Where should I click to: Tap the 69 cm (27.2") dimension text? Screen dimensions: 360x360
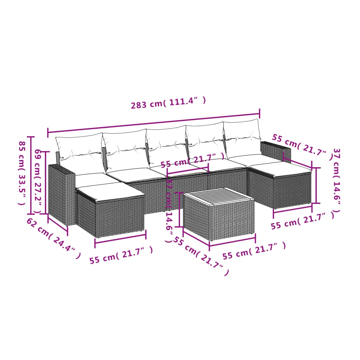pos(38,181)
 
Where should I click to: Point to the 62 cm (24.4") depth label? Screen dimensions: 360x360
pos(54,238)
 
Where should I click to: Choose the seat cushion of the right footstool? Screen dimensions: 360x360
pos(280,169)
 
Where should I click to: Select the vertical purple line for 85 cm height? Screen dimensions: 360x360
pos(31,175)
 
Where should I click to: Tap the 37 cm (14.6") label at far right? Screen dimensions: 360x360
pos(336,180)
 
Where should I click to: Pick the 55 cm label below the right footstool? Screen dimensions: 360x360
pos(303,220)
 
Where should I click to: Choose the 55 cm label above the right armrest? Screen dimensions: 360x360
pos(302,147)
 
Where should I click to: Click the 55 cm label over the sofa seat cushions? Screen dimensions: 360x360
pos(192,160)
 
